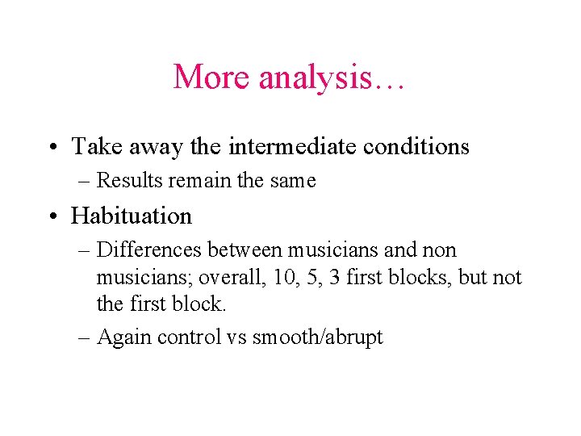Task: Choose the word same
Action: click(x=291, y=181)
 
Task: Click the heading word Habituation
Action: click(x=132, y=216)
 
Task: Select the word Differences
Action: click(x=146, y=250)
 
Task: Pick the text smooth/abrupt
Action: click(x=318, y=337)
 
